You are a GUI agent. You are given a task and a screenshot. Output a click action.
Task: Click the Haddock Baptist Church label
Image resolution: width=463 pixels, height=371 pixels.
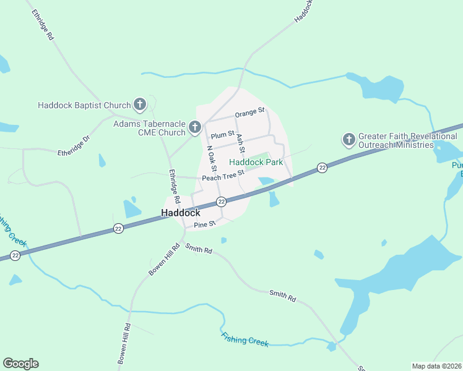[x=84, y=105]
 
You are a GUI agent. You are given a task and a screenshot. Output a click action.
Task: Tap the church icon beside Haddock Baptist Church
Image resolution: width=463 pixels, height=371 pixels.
[x=140, y=104]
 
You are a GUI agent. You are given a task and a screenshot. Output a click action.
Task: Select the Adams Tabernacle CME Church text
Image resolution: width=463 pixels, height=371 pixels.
[x=149, y=128]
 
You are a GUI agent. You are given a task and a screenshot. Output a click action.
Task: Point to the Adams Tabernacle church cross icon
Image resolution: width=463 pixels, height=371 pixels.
[x=194, y=128]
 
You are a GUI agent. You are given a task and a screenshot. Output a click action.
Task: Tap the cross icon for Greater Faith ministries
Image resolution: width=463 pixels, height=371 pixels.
[x=348, y=140]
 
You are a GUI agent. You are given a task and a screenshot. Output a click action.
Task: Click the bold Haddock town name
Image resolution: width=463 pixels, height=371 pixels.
[x=181, y=212]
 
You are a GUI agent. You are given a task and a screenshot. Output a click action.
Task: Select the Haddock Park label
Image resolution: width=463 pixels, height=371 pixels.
[x=256, y=162]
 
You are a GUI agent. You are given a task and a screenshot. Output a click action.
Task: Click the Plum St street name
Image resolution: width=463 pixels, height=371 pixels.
[x=223, y=134]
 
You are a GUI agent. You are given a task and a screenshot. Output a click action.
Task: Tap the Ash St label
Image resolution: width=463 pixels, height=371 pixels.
[x=241, y=144]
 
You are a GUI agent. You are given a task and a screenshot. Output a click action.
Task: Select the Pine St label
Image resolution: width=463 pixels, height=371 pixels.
[x=204, y=224]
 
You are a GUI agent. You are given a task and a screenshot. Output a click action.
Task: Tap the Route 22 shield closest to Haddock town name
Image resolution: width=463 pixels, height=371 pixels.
[x=221, y=202]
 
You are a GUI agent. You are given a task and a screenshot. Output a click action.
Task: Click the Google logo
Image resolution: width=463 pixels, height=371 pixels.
[x=20, y=364]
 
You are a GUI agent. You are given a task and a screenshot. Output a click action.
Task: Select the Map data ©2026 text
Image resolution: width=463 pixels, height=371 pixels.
[x=436, y=366]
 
